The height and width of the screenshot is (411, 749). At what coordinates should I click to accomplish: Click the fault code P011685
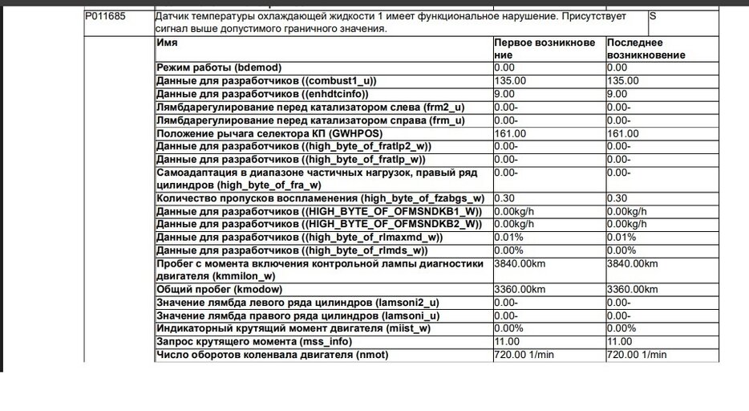click(107, 16)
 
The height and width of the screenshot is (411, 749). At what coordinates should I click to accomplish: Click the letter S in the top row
click(652, 16)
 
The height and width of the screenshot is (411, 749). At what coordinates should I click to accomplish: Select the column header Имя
click(167, 43)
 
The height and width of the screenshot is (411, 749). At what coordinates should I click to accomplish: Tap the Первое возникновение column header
click(545, 49)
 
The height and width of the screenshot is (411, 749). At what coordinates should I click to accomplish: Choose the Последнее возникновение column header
click(646, 49)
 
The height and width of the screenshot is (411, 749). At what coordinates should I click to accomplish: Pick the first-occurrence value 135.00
click(510, 81)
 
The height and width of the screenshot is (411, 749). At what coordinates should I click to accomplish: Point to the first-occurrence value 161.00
click(510, 133)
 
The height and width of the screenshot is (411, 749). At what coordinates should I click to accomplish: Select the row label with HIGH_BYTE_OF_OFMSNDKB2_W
click(319, 224)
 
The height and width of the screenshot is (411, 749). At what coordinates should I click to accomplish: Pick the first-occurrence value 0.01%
click(508, 238)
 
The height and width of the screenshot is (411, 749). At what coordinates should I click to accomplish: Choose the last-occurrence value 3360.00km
click(633, 290)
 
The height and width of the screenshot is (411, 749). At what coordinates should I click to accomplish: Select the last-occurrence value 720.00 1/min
click(636, 355)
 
